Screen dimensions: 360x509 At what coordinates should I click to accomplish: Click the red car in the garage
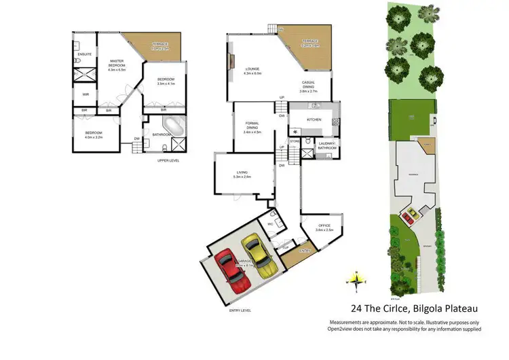tap(231, 271)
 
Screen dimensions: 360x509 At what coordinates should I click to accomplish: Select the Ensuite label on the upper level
tap(85, 54)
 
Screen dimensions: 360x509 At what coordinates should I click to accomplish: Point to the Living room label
tap(242, 174)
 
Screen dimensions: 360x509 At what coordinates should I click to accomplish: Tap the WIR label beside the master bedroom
tap(86, 94)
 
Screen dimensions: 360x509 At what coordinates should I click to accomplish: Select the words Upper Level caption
tap(168, 160)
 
